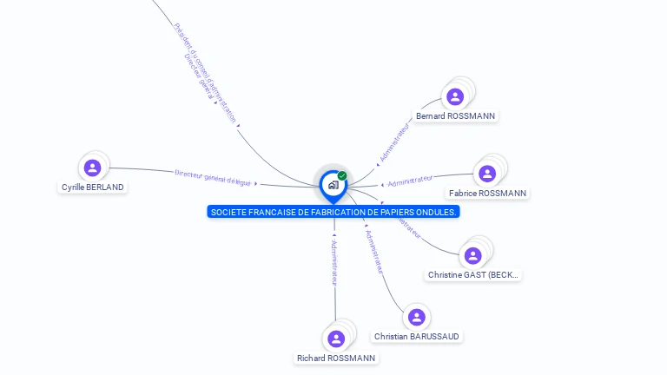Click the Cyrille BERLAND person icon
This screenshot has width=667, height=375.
[93, 168]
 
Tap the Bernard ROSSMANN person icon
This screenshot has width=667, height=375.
[454, 96]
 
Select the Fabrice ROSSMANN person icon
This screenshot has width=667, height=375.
[487, 174]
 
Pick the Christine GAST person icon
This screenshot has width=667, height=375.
[472, 255]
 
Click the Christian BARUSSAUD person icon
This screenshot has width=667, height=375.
[416, 317]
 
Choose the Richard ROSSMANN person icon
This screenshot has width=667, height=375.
[335, 339]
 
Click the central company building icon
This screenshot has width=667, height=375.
[333, 185]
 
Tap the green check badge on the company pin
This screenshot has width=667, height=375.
[342, 175]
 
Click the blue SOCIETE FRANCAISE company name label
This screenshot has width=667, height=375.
[333, 212]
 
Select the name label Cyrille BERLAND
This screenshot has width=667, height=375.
[93, 187]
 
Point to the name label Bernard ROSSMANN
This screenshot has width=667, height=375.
[455, 115]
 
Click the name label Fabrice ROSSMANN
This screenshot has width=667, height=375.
[487, 193]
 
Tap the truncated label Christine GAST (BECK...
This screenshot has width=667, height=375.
[473, 274]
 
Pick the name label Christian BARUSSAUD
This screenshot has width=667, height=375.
[417, 336]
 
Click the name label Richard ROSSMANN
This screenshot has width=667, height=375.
[336, 358]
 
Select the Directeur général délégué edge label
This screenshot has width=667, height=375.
[213, 177]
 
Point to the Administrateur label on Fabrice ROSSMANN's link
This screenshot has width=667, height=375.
[411, 181]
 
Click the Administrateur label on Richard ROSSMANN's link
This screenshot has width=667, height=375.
[334, 263]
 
